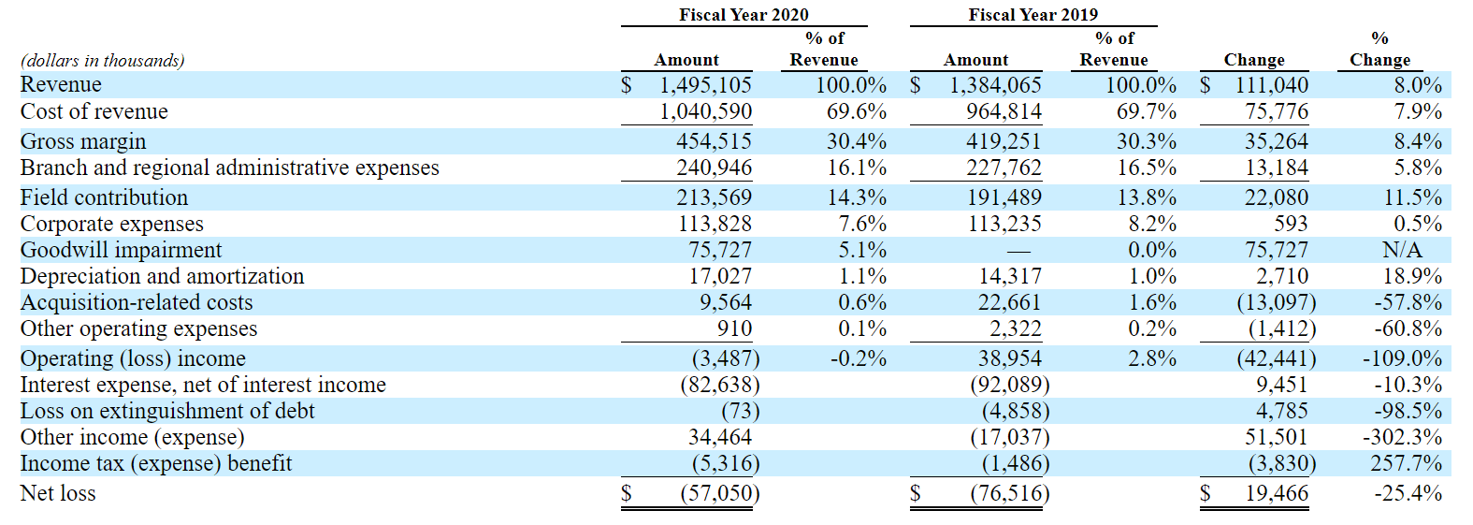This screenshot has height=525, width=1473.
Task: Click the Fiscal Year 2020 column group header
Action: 744,14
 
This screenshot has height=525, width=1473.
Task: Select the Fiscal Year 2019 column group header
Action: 1033,14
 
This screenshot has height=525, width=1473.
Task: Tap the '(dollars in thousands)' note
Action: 103,61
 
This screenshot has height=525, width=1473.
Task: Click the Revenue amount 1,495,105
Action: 705,85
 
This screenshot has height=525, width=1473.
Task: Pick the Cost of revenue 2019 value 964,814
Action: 1004,111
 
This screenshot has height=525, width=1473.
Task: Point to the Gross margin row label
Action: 83,141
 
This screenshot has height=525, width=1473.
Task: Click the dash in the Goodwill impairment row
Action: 1018,251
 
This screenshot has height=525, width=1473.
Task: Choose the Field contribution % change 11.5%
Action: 1412,197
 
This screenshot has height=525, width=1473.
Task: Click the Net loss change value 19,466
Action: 1277,493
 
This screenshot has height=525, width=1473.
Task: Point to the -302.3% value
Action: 1402,437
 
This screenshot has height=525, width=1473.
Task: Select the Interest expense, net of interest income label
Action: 203,385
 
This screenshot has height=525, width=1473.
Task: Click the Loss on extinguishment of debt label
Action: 167,411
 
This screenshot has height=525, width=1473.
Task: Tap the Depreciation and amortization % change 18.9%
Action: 1412,276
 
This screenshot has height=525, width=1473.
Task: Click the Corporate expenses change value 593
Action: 1291,224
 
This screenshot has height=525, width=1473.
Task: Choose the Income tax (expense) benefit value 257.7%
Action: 1407,463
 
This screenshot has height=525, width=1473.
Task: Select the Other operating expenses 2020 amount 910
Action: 734,328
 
